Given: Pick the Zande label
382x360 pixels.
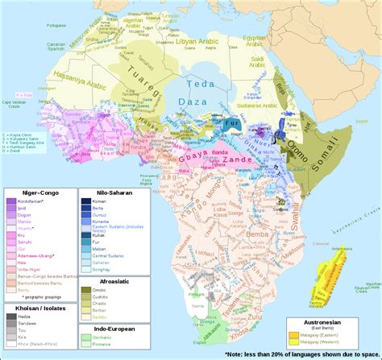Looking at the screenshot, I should (x=230, y=161).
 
